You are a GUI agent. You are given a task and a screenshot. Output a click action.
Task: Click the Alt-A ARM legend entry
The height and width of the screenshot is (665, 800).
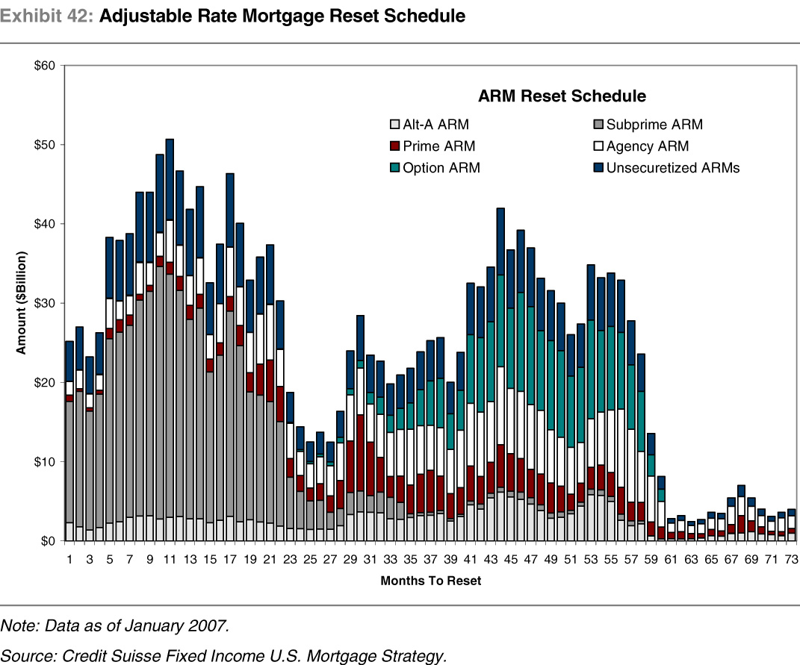tap(429, 125)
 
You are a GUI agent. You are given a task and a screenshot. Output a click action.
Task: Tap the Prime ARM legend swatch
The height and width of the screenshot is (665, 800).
tap(395, 147)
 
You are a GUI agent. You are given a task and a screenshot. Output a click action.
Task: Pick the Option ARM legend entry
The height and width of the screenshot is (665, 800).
tap(434, 169)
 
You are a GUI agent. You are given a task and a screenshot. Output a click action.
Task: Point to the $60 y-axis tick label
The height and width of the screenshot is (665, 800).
tap(45, 66)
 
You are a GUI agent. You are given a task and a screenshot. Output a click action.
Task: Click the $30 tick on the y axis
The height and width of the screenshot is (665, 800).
tap(45, 303)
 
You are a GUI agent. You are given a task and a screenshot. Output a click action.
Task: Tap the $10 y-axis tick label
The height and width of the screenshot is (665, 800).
tap(45, 462)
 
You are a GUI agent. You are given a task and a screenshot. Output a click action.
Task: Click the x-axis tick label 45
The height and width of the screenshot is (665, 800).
tap(510, 558)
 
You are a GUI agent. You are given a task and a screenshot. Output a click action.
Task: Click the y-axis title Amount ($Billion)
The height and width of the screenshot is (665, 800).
tap(23, 303)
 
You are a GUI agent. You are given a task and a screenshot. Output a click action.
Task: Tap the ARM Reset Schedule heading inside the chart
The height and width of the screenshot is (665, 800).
tap(562, 96)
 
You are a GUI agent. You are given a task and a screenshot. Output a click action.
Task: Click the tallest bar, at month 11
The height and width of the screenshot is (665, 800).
tap(170, 336)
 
